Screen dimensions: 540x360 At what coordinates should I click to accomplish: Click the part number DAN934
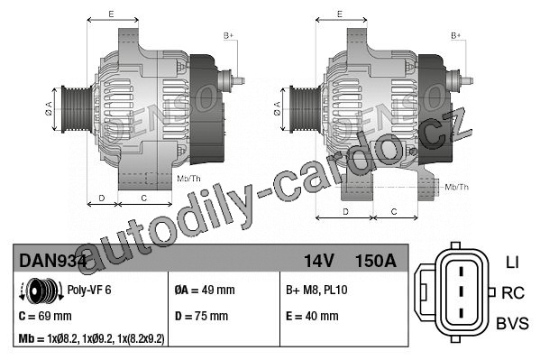tap(52, 261)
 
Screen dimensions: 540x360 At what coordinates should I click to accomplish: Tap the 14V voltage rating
tap(319, 261)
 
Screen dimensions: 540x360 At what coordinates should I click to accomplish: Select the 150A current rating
tap(376, 261)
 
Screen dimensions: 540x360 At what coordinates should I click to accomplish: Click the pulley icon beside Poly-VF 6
tap(41, 291)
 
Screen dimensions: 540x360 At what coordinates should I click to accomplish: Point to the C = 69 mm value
tap(45, 316)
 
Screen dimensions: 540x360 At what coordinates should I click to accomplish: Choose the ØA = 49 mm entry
tap(205, 290)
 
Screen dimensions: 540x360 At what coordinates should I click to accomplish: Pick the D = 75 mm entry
tap(201, 316)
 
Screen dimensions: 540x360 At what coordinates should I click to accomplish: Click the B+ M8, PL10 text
tap(316, 290)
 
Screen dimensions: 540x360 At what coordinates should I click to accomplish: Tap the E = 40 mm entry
tap(312, 316)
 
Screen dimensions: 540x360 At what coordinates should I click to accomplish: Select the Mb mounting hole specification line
tap(92, 339)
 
